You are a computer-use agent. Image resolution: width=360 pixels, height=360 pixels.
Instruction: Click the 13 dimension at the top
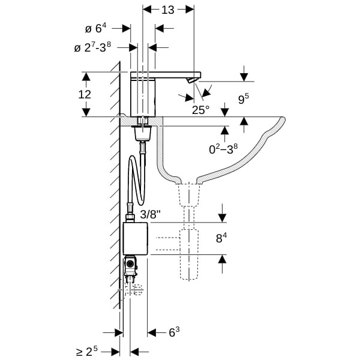point(168,10)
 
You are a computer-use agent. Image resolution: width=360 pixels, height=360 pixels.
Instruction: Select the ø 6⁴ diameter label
point(96,28)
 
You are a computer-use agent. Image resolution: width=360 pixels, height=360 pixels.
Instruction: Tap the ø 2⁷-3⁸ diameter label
point(92,47)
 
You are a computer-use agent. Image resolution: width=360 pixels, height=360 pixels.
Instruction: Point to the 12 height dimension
point(85,94)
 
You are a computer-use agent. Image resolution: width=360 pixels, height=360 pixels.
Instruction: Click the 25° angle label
point(200,110)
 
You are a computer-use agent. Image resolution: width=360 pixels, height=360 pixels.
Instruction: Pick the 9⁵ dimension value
point(244,99)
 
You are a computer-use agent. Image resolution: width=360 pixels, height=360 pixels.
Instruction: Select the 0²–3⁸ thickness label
point(223,149)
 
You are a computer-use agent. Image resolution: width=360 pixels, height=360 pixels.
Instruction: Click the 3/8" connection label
point(151,215)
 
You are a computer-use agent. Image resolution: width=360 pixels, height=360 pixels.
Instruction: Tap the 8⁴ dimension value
point(221,238)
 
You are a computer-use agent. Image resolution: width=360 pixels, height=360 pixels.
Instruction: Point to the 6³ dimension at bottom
point(174,332)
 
